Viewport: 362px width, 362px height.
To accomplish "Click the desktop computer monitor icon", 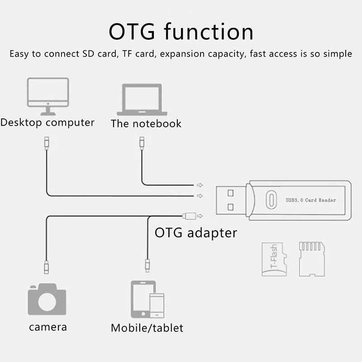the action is (x=48, y=96).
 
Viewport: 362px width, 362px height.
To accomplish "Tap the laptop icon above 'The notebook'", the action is (x=142, y=100).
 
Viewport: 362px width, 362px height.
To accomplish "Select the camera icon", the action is (x=47, y=299).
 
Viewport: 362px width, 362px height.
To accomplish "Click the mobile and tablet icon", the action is (x=148, y=299).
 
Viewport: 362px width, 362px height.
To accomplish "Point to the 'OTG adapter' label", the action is (x=196, y=233).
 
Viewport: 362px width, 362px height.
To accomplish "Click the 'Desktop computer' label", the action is (x=48, y=123).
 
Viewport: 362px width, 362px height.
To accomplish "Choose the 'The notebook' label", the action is (x=146, y=124).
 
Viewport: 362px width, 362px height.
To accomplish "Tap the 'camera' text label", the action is (x=48, y=327).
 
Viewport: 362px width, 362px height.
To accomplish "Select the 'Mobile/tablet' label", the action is (x=147, y=328).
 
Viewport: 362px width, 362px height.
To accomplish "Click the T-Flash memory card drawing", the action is (x=274, y=259).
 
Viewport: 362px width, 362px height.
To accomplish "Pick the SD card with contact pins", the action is (x=312, y=259).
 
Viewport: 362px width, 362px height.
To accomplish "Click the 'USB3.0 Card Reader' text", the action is (x=311, y=200).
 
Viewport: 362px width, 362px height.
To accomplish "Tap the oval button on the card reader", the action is (x=271, y=200).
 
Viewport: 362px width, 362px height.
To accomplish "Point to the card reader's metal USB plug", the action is (x=231, y=200).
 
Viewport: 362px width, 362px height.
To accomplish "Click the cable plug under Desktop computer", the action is (x=47, y=143).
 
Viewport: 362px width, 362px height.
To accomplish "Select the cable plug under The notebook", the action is (x=142, y=143).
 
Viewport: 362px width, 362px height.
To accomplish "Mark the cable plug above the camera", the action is (x=47, y=267).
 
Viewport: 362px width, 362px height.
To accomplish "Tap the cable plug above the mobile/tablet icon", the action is (x=148, y=266).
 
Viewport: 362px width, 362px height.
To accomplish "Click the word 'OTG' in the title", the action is (x=132, y=32).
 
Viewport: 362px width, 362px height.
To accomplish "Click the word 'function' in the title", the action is (x=209, y=31).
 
